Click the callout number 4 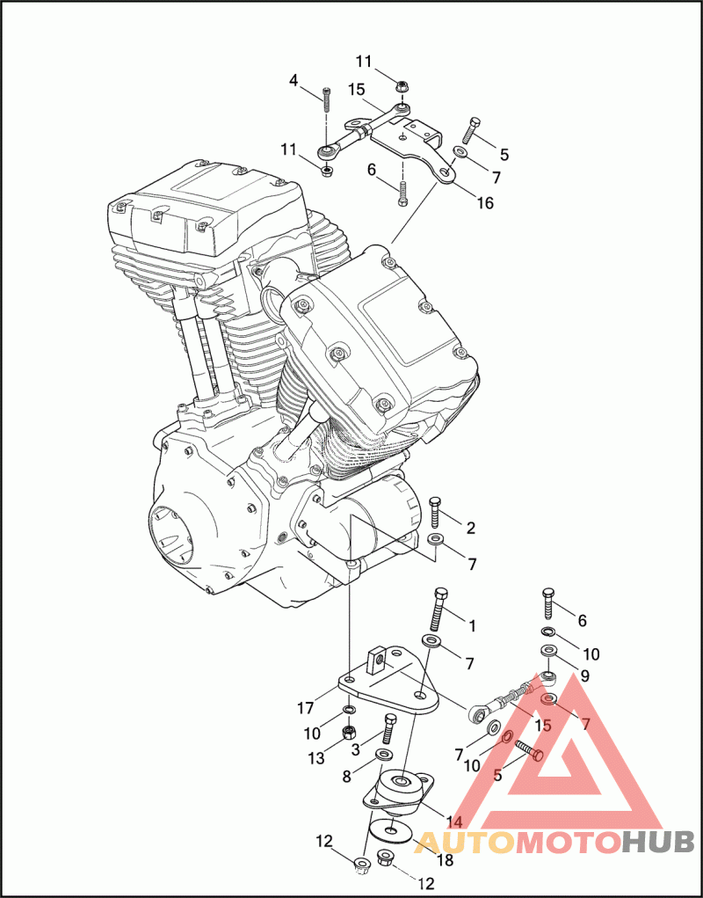(x=294, y=81)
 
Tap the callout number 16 (x=484, y=204)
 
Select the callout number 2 (x=471, y=528)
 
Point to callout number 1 (x=471, y=626)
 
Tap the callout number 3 (x=356, y=749)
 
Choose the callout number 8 (x=346, y=777)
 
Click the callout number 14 (x=453, y=821)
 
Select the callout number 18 (x=446, y=860)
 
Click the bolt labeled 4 (x=326, y=98)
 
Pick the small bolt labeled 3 (x=389, y=729)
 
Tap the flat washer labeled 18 (x=388, y=829)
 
